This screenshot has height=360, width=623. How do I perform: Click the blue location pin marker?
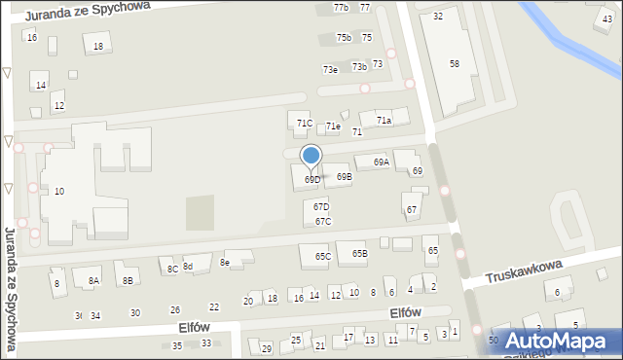311,156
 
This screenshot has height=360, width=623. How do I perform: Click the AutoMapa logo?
555,341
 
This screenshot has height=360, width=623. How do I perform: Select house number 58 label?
455,63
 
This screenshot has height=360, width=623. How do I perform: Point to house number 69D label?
312,180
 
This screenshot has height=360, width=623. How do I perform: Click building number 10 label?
59,192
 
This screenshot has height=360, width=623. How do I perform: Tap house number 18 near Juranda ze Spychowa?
97,47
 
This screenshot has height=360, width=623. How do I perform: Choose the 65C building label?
322,257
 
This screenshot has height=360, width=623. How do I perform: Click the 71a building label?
385,121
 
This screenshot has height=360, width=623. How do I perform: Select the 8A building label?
93,281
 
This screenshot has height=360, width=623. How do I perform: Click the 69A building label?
381,162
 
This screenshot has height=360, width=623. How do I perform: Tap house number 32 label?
438,17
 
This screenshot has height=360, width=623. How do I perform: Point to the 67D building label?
321,207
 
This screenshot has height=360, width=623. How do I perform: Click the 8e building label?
225,262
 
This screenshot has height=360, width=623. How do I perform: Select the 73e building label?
331,70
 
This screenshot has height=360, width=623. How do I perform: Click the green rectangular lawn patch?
199,212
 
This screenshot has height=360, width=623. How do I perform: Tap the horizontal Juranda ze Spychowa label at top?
88,12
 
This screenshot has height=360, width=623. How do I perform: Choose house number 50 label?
494,341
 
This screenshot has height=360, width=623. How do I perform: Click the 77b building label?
341,8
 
